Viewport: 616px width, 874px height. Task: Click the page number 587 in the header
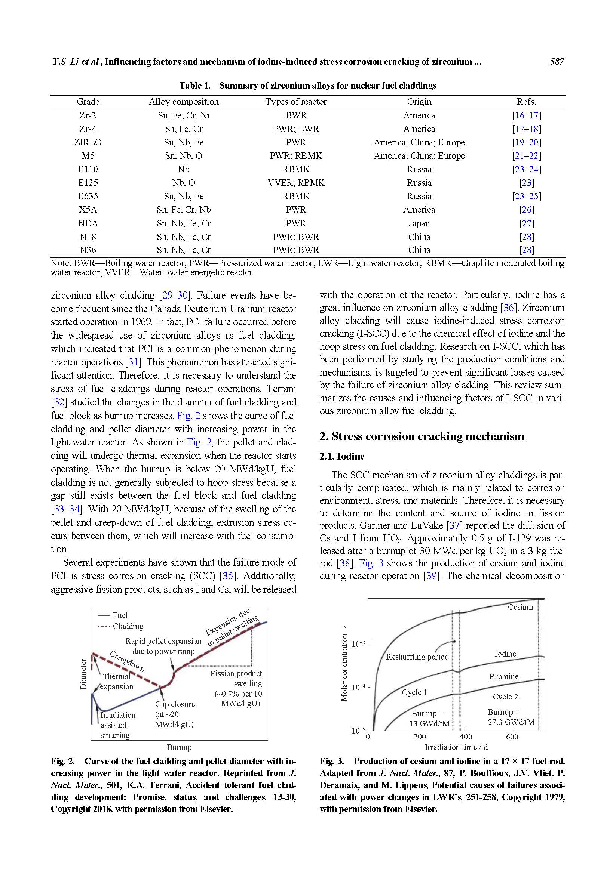(x=557, y=62)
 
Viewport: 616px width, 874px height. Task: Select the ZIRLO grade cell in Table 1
(x=88, y=142)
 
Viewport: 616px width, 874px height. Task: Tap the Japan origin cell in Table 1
(x=419, y=223)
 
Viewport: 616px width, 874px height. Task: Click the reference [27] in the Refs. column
(x=527, y=223)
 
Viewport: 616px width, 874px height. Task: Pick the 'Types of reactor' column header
(x=295, y=102)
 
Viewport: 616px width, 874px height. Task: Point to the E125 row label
(x=88, y=183)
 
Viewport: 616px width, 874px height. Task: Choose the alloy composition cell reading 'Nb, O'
(x=184, y=183)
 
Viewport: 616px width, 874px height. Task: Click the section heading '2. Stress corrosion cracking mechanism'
(x=422, y=436)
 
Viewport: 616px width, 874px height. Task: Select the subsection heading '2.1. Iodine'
(x=342, y=456)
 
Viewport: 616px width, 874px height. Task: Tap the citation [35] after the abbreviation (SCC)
(x=228, y=576)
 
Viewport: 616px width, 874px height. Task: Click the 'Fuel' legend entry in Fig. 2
(x=120, y=615)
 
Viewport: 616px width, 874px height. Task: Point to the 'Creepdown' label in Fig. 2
(x=127, y=661)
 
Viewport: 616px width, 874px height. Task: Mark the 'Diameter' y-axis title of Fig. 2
(x=83, y=674)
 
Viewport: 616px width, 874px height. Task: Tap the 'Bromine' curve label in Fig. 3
(x=504, y=676)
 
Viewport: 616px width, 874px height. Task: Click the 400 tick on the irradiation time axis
(x=466, y=736)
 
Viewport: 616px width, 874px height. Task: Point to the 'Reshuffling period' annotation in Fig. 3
(x=417, y=657)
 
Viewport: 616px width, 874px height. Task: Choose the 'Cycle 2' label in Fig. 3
(x=505, y=697)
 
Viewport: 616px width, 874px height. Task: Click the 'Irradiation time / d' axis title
(x=456, y=747)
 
